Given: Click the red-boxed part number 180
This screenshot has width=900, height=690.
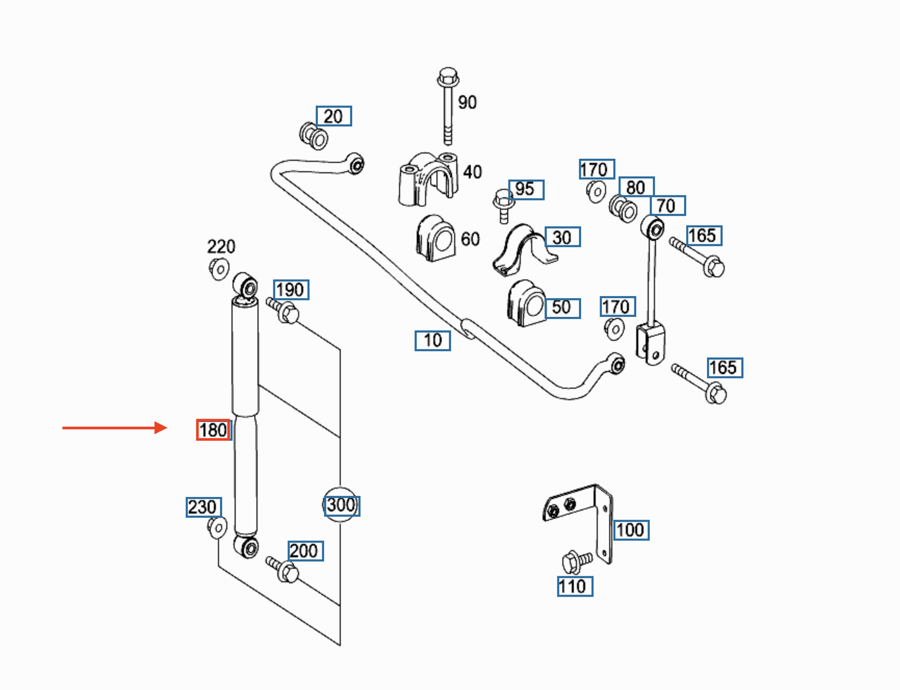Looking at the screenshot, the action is [213, 430].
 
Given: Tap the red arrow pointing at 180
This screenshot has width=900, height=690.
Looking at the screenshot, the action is [115, 428].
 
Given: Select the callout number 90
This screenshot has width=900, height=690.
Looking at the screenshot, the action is [467, 102].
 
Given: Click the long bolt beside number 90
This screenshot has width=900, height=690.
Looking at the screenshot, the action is [448, 106].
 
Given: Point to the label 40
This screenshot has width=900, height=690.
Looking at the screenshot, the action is [472, 172].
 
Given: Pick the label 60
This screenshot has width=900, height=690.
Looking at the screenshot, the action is [470, 239].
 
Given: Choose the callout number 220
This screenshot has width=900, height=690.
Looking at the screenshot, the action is [221, 247].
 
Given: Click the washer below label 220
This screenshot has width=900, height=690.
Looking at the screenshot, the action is [219, 270].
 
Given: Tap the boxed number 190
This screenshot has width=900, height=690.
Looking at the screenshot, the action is [291, 290].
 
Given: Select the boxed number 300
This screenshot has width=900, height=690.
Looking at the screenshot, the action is [341, 505].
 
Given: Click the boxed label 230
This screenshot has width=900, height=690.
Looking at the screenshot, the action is [204, 507].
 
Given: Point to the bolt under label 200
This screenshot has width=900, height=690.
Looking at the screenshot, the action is [282, 570].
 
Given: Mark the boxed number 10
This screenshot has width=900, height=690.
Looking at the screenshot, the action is [433, 340].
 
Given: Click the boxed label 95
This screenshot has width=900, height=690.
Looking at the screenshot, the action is [526, 190].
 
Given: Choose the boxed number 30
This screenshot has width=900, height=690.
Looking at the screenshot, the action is [562, 236].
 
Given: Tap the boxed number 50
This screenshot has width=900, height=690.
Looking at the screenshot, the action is [562, 308].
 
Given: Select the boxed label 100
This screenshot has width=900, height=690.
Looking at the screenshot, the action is [631, 530].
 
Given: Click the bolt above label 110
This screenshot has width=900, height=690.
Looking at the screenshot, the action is [577, 562].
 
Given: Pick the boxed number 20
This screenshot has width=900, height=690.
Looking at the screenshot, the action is [334, 116].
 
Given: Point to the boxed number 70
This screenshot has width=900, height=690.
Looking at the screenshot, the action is [668, 205].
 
